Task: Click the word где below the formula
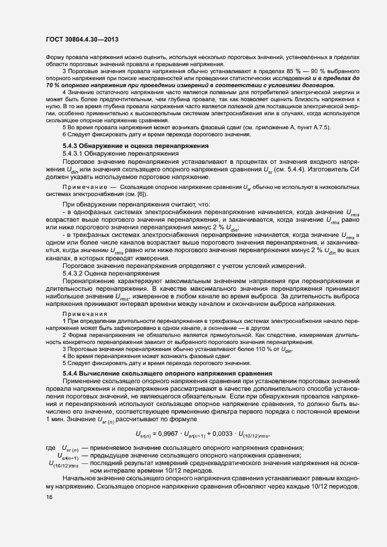(x=50, y=448)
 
